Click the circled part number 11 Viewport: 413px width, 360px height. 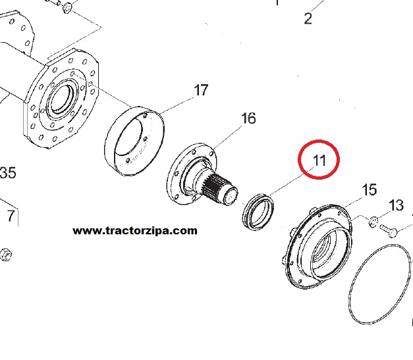click(319, 160)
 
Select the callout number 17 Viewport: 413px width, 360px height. click(201, 90)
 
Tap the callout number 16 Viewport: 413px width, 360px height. click(248, 118)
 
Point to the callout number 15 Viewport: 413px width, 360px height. click(370, 190)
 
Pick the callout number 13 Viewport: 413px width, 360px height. click(396, 205)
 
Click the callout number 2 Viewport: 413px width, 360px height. click(308, 18)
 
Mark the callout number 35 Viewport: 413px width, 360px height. click(8, 172)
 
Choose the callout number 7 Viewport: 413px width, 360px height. click(11, 215)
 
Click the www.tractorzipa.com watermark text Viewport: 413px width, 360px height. click(135, 231)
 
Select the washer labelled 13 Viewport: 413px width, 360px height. click(373, 222)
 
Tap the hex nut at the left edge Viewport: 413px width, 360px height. click(5, 255)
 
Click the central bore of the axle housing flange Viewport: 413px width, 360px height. click(61, 99)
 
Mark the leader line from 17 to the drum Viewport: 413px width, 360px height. click(177, 105)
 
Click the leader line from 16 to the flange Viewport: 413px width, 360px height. click(227, 137)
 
